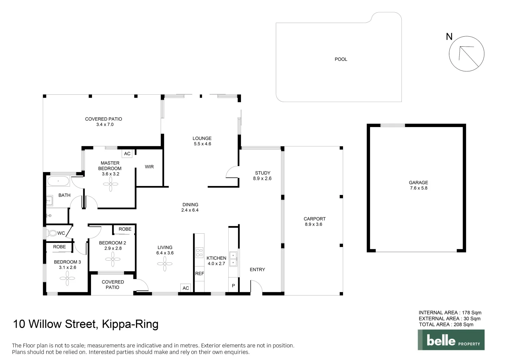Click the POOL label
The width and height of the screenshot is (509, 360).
(x=341, y=59)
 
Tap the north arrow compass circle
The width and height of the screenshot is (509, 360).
(x=466, y=54)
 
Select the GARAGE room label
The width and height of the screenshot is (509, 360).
(x=418, y=182)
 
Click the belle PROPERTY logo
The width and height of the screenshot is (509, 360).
(x=451, y=340)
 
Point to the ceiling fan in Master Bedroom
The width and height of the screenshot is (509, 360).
(x=110, y=184)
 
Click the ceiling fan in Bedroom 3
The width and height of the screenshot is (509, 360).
(x=67, y=278)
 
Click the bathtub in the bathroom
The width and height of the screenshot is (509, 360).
(x=58, y=181)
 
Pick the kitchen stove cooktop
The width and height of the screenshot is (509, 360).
(x=199, y=253)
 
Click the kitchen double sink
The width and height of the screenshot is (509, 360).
(x=233, y=259)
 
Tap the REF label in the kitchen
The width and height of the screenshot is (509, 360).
(x=199, y=273)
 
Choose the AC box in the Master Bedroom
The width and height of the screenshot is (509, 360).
(x=127, y=154)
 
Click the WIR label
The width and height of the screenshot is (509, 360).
(x=149, y=167)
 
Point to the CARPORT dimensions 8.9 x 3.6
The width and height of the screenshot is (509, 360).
(x=313, y=224)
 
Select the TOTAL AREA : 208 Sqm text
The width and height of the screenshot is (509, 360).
(x=446, y=324)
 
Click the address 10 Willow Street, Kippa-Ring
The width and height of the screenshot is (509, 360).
(x=85, y=324)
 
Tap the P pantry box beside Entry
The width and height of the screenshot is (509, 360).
(x=233, y=286)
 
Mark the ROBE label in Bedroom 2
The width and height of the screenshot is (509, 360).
(x=125, y=229)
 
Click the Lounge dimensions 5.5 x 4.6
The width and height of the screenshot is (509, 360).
(x=202, y=144)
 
